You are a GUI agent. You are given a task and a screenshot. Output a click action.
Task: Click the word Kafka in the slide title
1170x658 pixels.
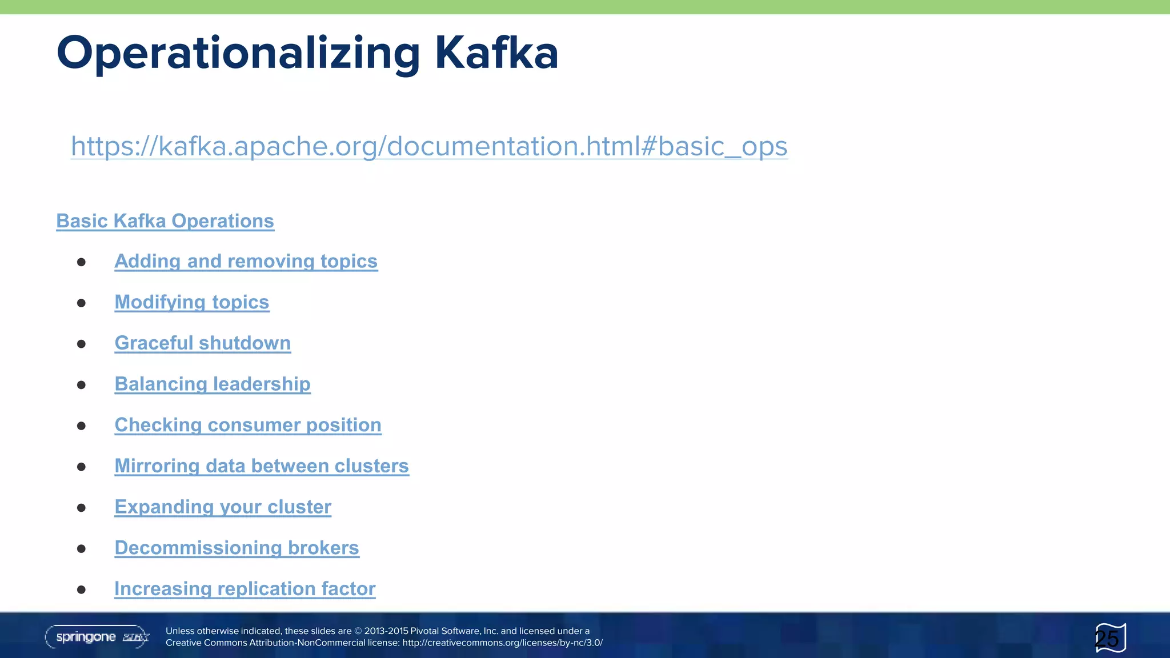496,53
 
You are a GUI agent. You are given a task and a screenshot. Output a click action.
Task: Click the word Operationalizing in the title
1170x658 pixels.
238,53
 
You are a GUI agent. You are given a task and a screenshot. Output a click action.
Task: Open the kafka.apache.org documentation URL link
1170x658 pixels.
429,146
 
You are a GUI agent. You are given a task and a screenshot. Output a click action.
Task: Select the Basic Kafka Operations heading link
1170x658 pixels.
165,221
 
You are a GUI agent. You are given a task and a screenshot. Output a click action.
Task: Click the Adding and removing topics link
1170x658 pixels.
246,261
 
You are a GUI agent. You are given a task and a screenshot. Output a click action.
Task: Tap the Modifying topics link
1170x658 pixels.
191,302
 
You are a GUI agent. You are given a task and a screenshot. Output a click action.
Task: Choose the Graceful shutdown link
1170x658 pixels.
202,343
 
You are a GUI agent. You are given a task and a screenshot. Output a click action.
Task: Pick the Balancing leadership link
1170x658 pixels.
213,384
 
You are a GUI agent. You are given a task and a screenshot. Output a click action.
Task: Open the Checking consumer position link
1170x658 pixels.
248,425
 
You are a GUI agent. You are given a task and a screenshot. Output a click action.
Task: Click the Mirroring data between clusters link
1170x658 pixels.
262,466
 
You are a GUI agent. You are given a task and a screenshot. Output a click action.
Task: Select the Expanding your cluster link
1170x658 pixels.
223,507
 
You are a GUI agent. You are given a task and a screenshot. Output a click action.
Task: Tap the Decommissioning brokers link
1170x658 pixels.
237,548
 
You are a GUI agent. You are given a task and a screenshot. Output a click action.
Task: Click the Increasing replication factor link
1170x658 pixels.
245,589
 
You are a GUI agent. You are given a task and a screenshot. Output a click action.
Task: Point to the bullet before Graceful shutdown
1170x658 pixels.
81,344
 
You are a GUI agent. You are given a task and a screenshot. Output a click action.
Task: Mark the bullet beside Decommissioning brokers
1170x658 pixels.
81,549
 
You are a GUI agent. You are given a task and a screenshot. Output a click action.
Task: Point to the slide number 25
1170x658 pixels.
1107,639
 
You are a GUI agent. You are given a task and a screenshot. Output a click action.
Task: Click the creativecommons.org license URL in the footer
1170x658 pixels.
502,643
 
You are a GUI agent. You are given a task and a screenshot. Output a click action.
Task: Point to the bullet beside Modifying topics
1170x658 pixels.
81,303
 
